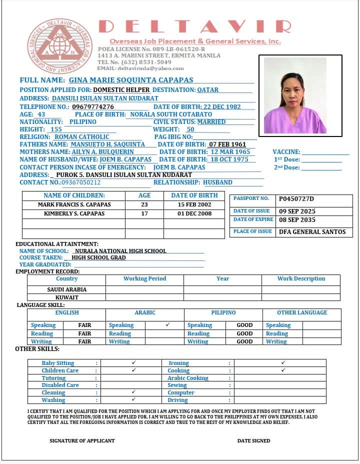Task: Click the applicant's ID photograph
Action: point(295,95)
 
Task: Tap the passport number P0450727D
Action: point(296,198)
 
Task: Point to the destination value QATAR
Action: point(207,90)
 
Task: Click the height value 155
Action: point(56,129)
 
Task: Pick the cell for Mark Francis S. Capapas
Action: point(74,204)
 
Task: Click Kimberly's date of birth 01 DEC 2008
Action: point(194,213)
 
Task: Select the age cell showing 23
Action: point(144,204)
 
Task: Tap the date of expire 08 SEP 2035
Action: point(297,220)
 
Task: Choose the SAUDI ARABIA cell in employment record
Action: point(66,289)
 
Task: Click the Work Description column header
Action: point(301,278)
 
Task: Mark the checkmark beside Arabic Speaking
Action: point(168,324)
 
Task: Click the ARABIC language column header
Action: point(145,312)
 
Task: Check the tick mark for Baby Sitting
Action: point(133,362)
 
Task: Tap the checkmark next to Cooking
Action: point(283,370)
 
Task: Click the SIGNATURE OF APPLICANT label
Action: point(82,440)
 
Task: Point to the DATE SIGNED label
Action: point(253,440)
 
